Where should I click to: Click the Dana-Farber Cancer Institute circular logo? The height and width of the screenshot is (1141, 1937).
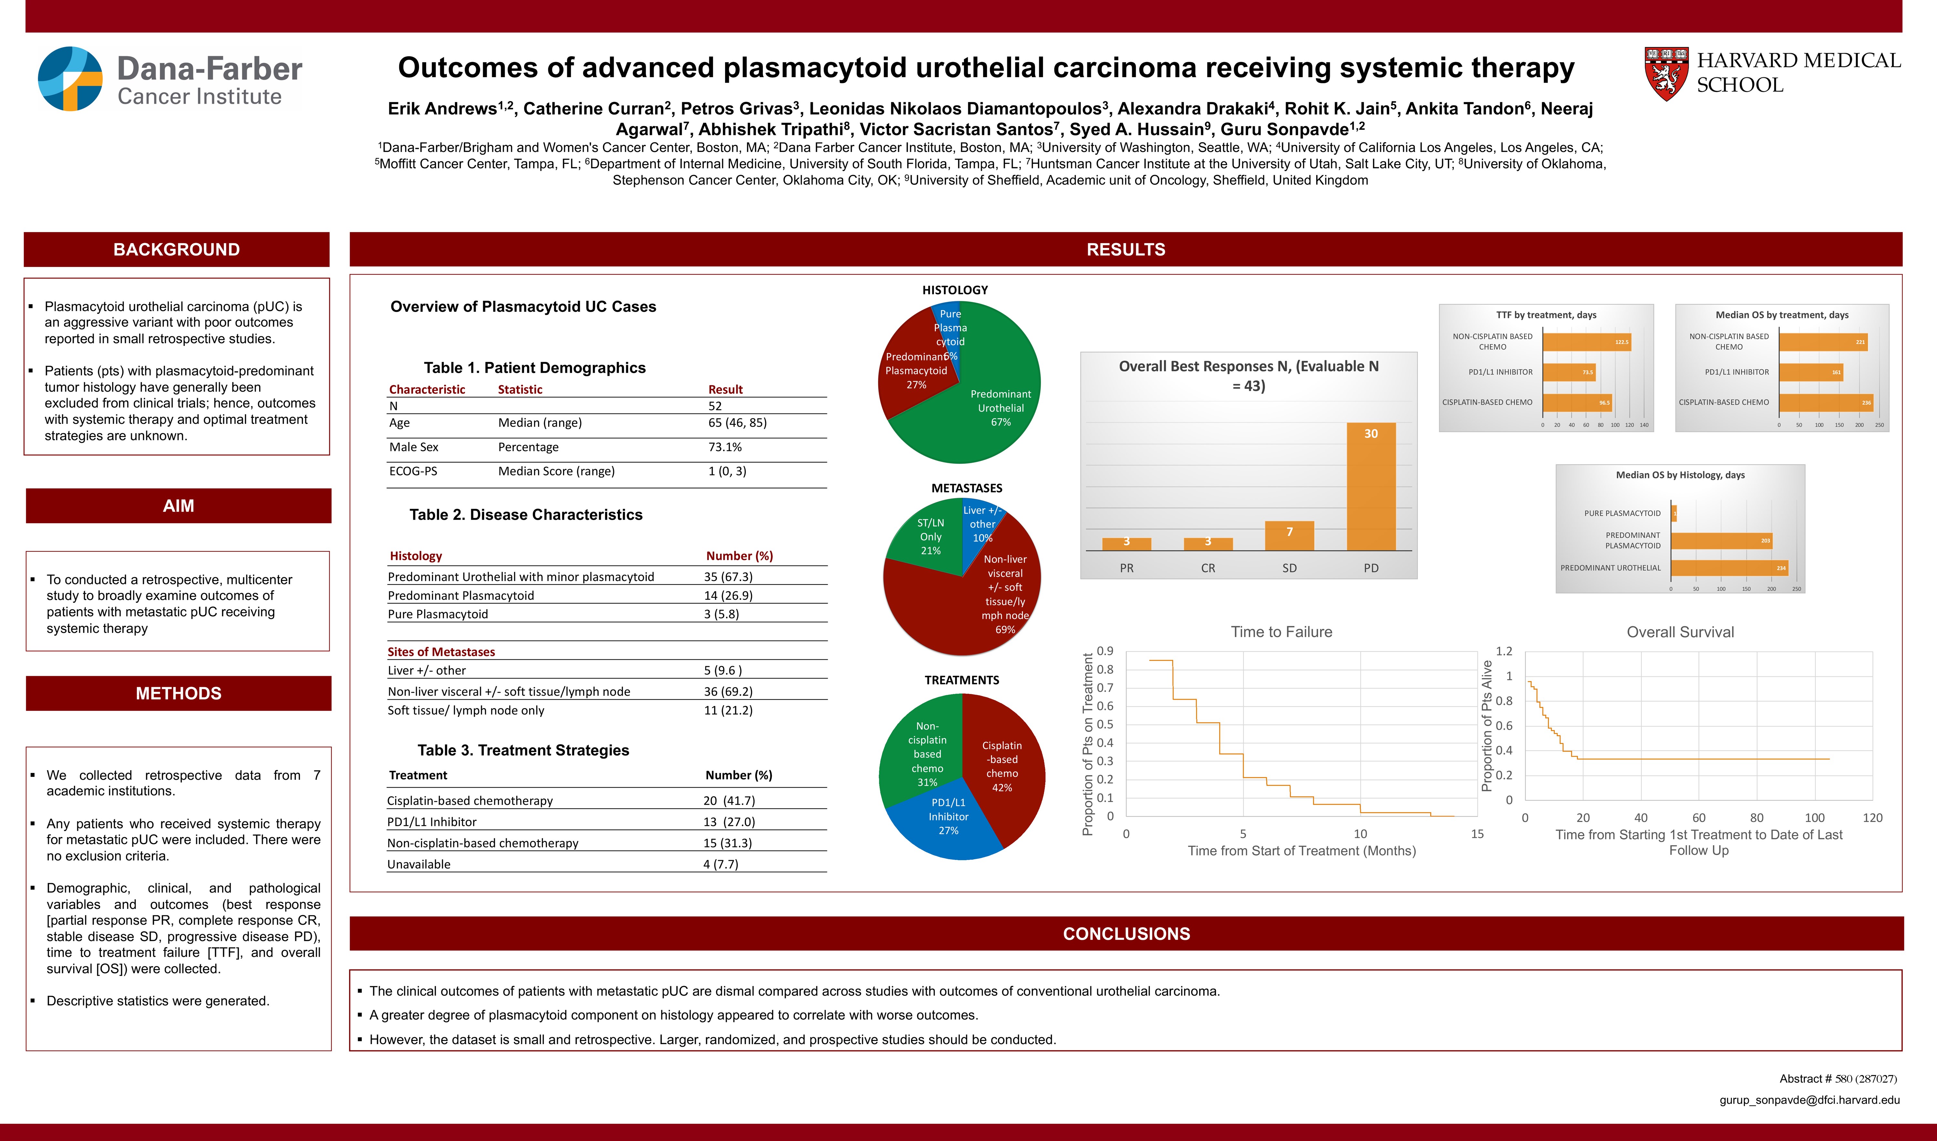coord(70,78)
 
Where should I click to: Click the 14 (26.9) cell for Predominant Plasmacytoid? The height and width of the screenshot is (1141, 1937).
coord(727,595)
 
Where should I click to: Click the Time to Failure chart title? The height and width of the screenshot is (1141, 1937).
coord(1281,632)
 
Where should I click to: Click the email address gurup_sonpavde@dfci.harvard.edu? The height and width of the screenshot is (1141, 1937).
coord(1809,1100)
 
